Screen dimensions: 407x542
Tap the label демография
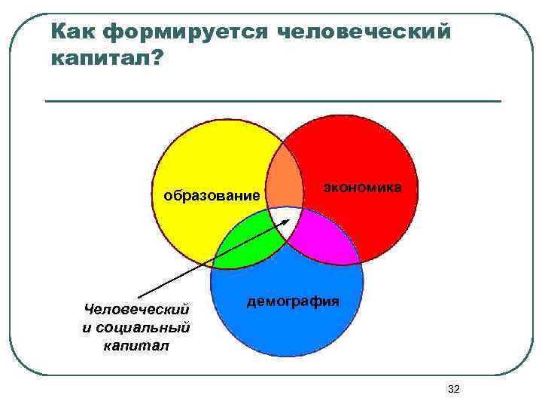(293, 301)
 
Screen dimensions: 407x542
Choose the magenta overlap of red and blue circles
(325, 237)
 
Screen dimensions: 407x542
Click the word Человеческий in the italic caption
(137, 310)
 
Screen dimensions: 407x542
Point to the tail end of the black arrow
(140, 297)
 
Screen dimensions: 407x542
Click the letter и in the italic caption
(87, 328)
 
